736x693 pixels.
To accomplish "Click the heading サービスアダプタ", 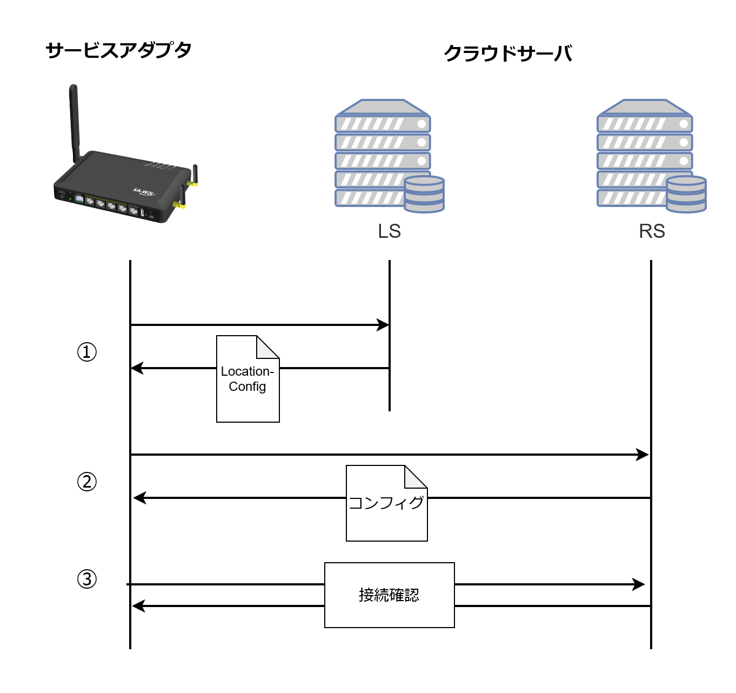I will click(119, 50).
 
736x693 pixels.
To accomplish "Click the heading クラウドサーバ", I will click(508, 53).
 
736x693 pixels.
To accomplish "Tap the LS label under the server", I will click(389, 231).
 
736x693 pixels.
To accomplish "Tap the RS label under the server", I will click(652, 231).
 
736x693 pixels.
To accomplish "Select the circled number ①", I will click(87, 352).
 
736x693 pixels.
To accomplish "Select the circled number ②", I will click(87, 482).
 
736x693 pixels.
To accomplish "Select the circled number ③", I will click(87, 579).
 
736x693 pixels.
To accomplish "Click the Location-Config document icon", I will click(247, 379).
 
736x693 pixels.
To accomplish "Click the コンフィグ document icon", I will click(386, 503).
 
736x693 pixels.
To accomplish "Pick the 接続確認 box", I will click(389, 595).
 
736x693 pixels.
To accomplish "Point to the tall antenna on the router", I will click(74, 122).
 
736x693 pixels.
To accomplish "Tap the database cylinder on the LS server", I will click(424, 194).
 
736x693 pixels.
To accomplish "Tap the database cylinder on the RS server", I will click(686, 194).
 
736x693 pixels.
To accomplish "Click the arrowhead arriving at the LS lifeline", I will click(383, 325).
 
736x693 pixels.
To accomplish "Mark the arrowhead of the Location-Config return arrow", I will click(137, 368).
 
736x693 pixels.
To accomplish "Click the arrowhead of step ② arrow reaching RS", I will click(643, 455).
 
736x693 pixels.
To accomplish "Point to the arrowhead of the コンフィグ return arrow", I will click(139, 498).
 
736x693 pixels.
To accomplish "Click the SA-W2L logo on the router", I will click(144, 192).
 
